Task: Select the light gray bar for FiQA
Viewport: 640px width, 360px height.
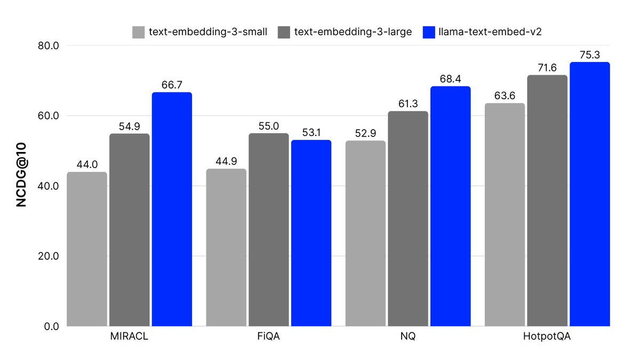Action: pos(226,247)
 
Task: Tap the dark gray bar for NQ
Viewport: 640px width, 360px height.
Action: pos(408,219)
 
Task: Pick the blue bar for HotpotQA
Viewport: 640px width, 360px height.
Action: pos(589,194)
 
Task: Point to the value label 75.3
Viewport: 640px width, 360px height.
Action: pos(589,54)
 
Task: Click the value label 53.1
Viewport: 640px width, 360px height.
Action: pos(311,132)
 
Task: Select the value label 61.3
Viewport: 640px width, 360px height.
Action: pos(408,103)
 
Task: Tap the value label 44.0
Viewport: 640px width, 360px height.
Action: pos(87,164)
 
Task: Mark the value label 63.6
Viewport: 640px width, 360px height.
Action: pos(505,95)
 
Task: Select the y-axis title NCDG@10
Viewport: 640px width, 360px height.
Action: pos(21,186)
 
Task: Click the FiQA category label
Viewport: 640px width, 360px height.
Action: pos(269,338)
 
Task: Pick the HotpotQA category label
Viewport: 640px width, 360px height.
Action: pos(547,338)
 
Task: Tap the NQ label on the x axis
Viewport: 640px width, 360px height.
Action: pos(408,338)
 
